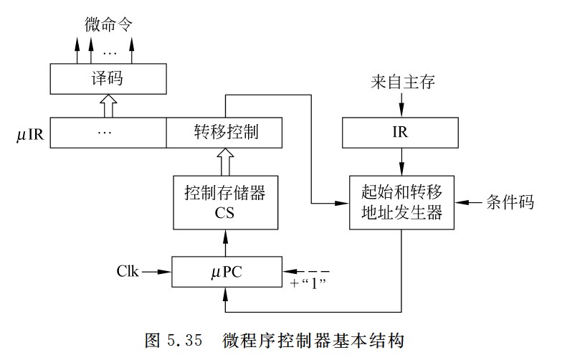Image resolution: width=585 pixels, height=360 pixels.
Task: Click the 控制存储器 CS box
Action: [226, 203]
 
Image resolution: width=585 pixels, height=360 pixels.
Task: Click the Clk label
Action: [126, 273]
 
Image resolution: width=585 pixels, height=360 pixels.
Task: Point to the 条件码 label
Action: [510, 202]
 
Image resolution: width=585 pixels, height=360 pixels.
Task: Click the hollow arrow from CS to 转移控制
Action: [226, 161]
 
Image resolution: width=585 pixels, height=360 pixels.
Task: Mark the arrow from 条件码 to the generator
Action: [470, 202]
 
